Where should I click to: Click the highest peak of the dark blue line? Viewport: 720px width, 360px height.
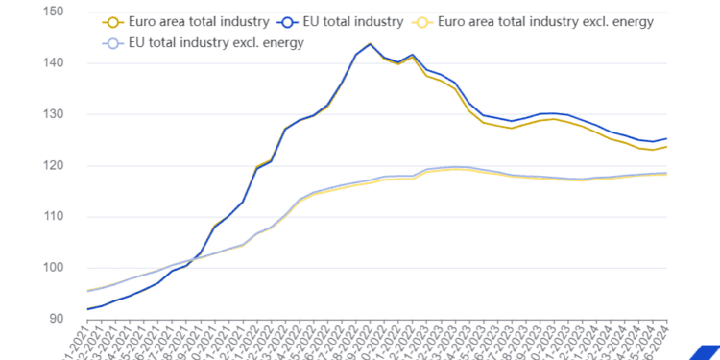pyautogui.click(x=370, y=44)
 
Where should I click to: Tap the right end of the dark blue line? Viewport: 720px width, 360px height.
pyautogui.click(x=666, y=138)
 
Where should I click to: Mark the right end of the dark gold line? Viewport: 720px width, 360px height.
pyautogui.click(x=666, y=147)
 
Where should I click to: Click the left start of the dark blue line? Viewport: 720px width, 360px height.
pyautogui.click(x=88, y=309)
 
